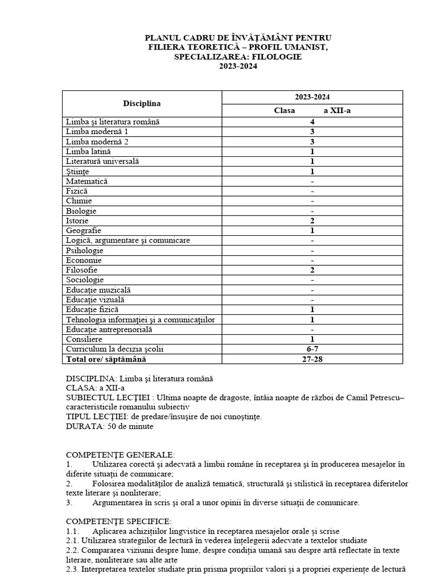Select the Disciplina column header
pyautogui.click(x=142, y=103)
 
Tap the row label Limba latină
pyautogui.click(x=88, y=152)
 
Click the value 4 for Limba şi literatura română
pyautogui.click(x=312, y=122)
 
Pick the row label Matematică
pyautogui.click(x=86, y=181)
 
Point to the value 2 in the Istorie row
pyautogui.click(x=312, y=221)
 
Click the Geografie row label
pyautogui.click(x=84, y=231)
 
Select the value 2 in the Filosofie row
pyautogui.click(x=312, y=270)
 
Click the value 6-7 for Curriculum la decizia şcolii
pyautogui.click(x=312, y=349)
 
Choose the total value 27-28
pyautogui.click(x=312, y=359)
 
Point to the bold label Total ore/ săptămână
pyautogui.click(x=110, y=359)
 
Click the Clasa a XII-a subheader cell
pyautogui.click(x=312, y=110)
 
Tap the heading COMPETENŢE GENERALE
pyautogui.click(x=121, y=455)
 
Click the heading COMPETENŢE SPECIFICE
pyautogui.click(x=118, y=521)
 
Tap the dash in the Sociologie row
pyautogui.click(x=312, y=280)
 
